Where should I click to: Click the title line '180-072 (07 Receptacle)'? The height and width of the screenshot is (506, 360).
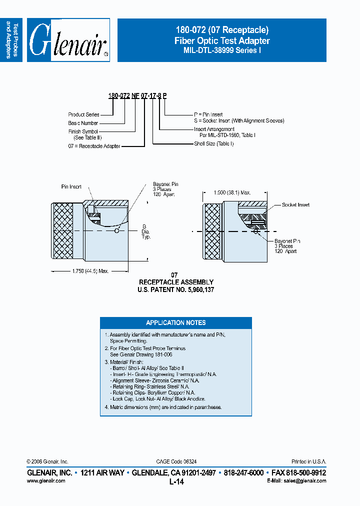click(221, 30)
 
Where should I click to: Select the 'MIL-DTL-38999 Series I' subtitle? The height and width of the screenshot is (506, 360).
click(221, 50)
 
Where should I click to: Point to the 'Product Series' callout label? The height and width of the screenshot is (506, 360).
click(83, 114)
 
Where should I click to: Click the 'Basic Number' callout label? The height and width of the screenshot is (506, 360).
click(83, 123)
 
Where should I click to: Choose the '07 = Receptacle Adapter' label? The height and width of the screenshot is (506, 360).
click(94, 146)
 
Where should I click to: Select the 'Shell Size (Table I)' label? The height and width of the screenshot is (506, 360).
click(213, 143)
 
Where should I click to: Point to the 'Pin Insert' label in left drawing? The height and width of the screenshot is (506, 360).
click(71, 186)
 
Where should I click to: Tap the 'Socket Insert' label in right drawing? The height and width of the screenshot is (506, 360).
click(295, 205)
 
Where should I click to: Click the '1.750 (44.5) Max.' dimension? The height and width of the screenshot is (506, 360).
click(89, 270)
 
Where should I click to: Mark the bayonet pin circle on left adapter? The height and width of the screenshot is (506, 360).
click(116, 230)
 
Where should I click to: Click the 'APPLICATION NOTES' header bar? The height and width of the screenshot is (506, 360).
click(175, 322)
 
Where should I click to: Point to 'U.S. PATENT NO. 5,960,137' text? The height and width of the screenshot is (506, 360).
click(175, 289)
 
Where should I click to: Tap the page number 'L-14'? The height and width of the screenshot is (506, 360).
click(176, 481)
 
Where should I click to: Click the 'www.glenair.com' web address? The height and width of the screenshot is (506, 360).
click(45, 480)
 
